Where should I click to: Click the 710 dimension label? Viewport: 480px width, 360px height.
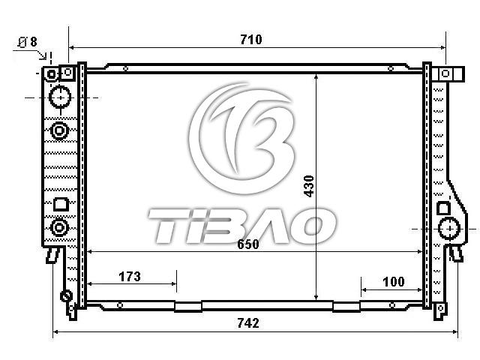251,40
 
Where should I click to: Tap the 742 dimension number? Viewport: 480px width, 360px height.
248,323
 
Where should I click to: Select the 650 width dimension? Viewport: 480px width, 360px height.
248,244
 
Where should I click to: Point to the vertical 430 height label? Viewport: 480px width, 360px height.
308,186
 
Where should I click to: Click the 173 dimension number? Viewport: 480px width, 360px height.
130,277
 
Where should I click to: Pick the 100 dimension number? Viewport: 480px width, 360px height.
394,282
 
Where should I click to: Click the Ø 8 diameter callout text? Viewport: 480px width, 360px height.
28,42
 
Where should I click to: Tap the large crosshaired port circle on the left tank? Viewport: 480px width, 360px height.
60,97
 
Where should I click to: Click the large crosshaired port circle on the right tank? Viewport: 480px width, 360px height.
449,228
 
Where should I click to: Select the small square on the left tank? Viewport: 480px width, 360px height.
61,205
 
